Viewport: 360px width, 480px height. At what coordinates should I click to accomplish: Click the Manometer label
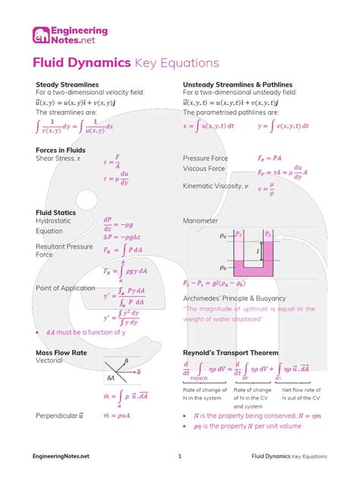201,221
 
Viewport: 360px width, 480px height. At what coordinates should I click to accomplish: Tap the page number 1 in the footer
180,456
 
